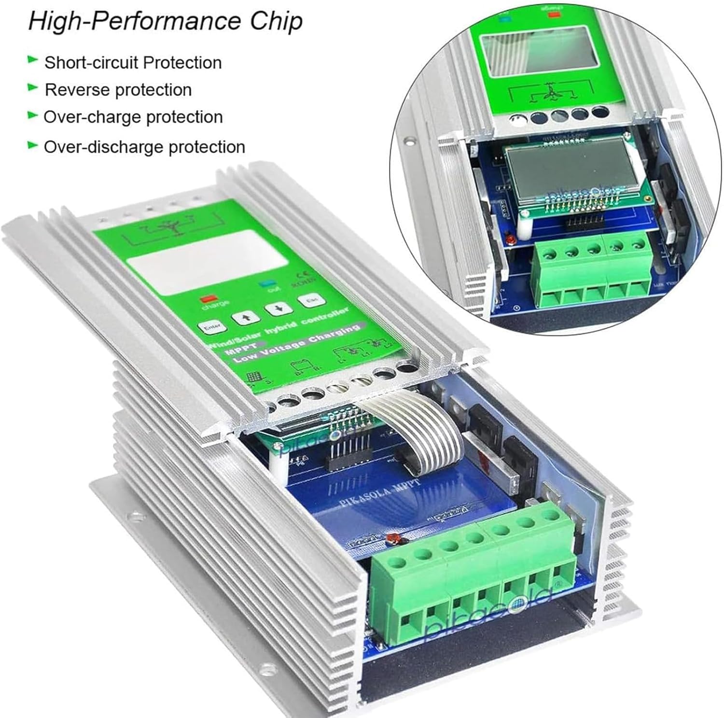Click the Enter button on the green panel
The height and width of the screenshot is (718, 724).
(212, 327)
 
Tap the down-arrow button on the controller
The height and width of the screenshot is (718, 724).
(280, 309)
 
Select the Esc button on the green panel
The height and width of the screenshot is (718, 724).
(310, 300)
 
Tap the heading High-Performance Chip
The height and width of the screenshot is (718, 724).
(165, 22)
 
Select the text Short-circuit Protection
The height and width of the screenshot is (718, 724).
(133, 63)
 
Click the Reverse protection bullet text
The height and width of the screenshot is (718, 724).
(118, 90)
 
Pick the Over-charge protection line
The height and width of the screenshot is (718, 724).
(133, 117)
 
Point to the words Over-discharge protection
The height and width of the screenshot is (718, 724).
(144, 147)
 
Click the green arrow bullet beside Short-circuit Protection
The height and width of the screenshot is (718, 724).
(33, 60)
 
